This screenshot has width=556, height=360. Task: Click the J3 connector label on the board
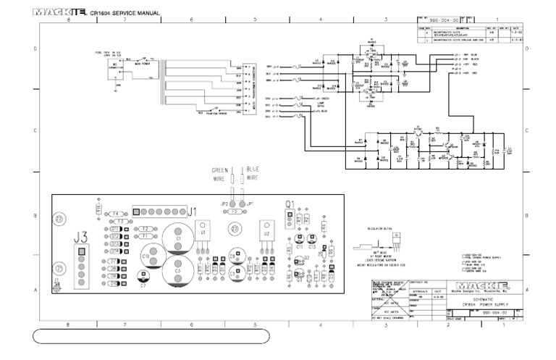coord(81,236)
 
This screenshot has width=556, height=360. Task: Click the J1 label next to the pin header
coord(192,212)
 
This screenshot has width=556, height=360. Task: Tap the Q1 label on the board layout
coord(290,204)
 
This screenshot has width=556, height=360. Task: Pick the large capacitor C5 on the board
coord(178,269)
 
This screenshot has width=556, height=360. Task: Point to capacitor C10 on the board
coord(147,255)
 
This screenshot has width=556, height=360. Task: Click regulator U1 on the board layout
coord(204,230)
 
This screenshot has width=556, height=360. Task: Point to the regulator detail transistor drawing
coord(396,237)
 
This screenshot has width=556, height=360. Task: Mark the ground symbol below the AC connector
coord(117,91)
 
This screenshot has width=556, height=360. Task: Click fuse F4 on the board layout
coord(115,214)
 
